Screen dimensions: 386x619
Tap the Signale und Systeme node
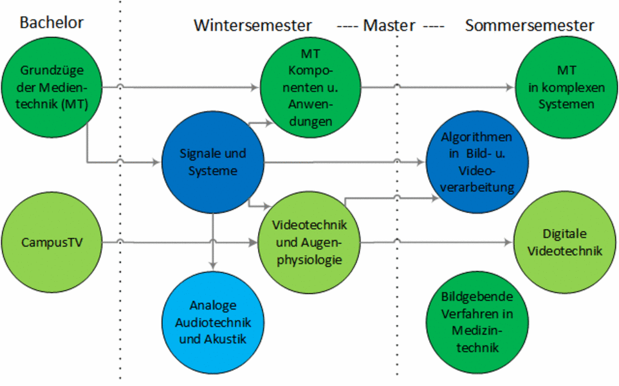212,162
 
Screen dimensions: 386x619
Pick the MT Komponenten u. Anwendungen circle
310,87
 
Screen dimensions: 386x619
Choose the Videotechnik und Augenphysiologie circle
310,243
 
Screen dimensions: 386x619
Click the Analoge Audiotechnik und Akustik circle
212,321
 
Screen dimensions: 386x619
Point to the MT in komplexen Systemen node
567,87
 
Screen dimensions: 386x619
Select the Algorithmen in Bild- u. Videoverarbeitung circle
477,162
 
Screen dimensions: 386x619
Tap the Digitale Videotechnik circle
565,243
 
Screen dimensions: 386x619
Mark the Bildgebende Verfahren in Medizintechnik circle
477,321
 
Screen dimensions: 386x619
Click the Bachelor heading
51,23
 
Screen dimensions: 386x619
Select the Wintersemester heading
253,26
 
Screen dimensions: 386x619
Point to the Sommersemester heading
530,26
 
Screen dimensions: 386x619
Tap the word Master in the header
389,26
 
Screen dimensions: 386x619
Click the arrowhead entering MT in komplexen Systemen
512,87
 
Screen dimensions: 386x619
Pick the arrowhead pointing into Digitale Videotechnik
510,243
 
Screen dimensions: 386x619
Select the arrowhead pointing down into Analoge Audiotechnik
212,264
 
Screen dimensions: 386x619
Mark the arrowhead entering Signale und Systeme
156,162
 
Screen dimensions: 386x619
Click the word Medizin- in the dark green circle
477,330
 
